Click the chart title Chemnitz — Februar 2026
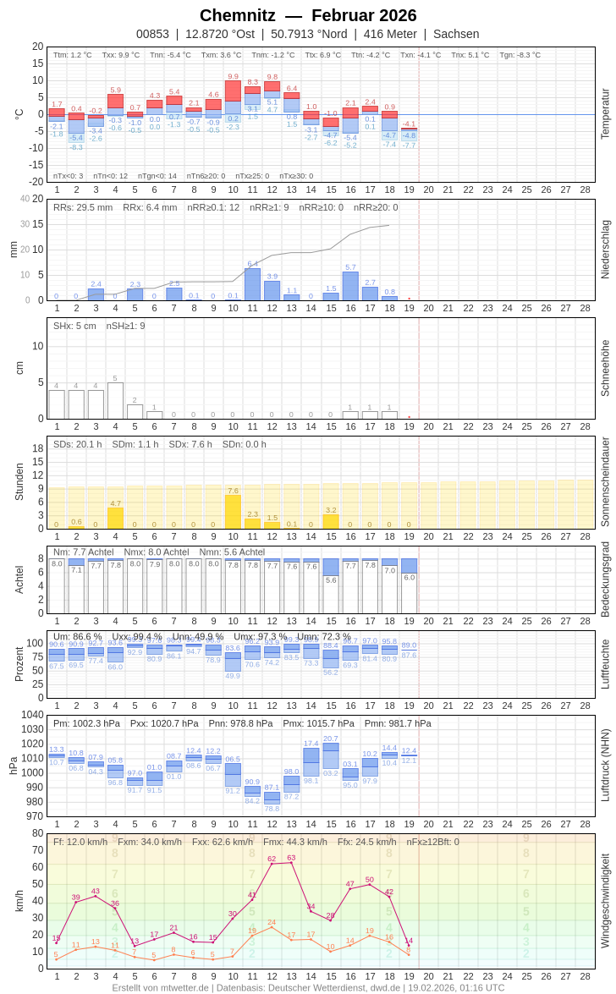(x=308, y=15)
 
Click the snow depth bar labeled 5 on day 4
(x=115, y=401)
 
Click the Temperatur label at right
(x=605, y=114)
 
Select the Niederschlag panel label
(x=605, y=250)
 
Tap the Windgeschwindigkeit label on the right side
(x=605, y=900)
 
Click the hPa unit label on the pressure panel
(x=13, y=766)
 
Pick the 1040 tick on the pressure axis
(x=33, y=715)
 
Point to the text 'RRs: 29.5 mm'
(x=83, y=207)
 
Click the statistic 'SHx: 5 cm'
(x=75, y=326)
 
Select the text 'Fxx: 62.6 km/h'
(x=223, y=842)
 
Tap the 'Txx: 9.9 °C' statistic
(x=121, y=55)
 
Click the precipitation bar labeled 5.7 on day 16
(x=350, y=286)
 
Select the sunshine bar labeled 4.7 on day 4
(x=115, y=518)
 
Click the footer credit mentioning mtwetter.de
(x=308, y=987)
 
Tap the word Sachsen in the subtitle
(x=456, y=34)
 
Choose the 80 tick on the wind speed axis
(x=38, y=833)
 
